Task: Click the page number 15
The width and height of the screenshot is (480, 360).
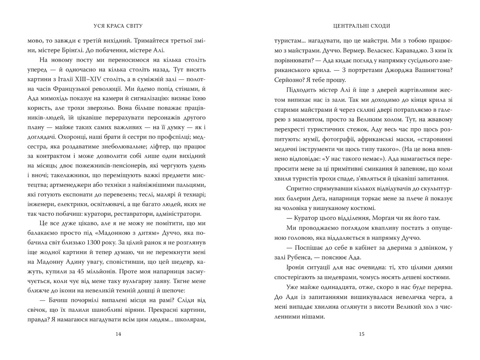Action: (362, 334)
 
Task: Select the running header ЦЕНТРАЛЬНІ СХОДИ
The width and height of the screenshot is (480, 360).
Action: (362, 26)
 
